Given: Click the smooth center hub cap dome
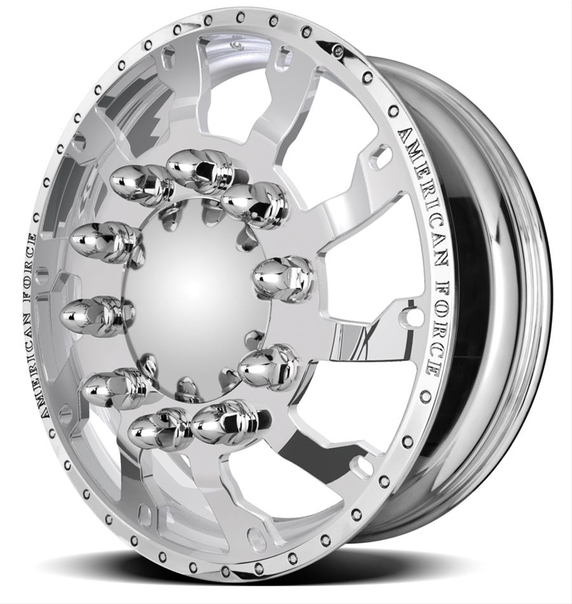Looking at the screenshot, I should click(x=194, y=292).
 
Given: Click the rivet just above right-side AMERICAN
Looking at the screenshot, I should click(x=393, y=111).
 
